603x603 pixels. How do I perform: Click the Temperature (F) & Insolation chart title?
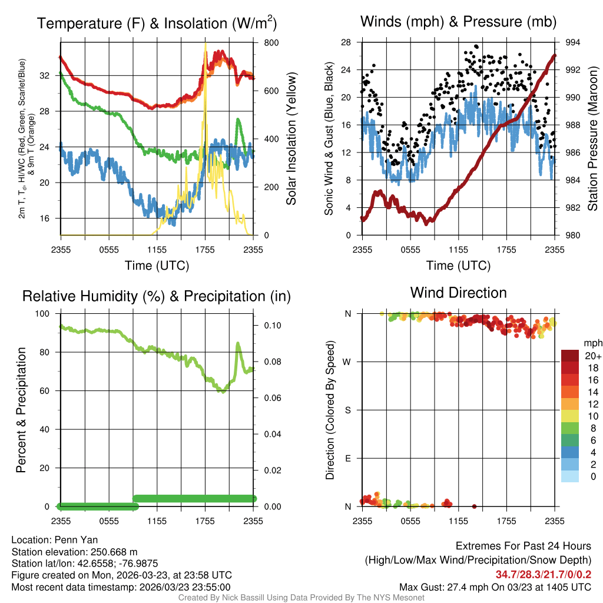pos(157,24)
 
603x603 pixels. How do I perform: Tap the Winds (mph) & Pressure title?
pos(458,22)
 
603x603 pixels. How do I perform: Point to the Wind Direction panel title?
pos(458,293)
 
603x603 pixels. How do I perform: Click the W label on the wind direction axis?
pos(348,362)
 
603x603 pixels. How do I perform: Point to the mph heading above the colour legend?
pos(591,343)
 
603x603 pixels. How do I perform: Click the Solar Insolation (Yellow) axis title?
pos(291,139)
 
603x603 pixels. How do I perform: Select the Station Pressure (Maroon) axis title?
pos(593,139)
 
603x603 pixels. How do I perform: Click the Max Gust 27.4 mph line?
pos(495,587)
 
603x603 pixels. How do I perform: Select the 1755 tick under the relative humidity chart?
pos(206,521)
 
